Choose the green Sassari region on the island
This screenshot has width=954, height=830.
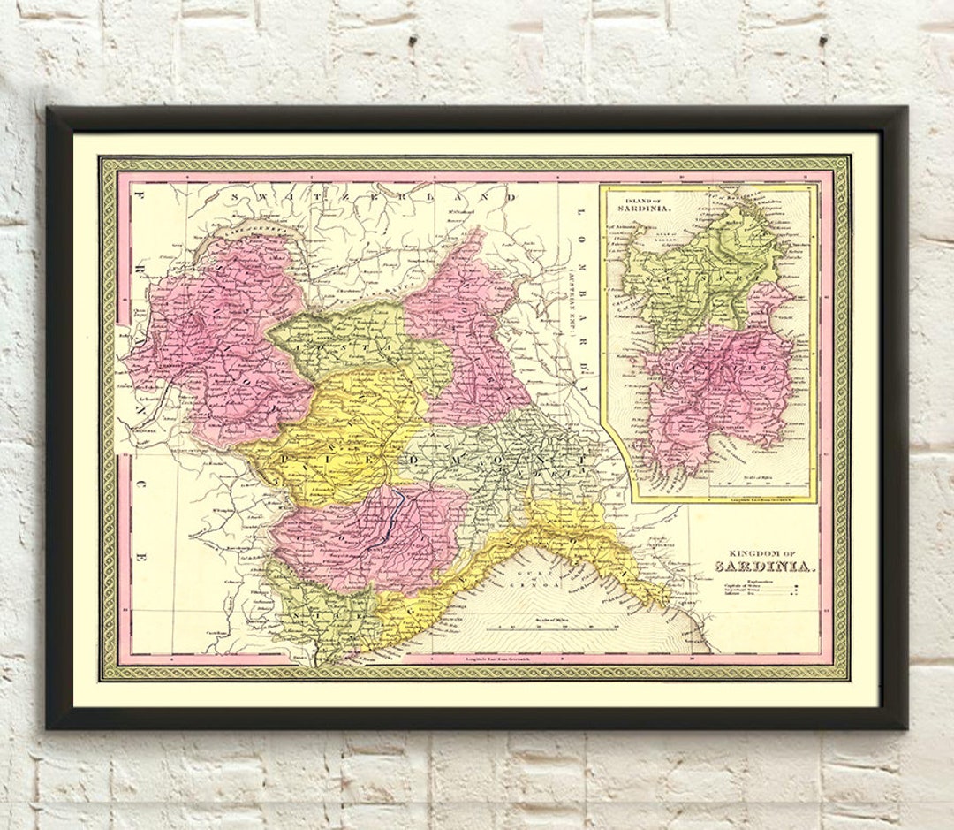[x=707, y=265]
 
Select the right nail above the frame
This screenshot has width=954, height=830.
[x=822, y=42]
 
